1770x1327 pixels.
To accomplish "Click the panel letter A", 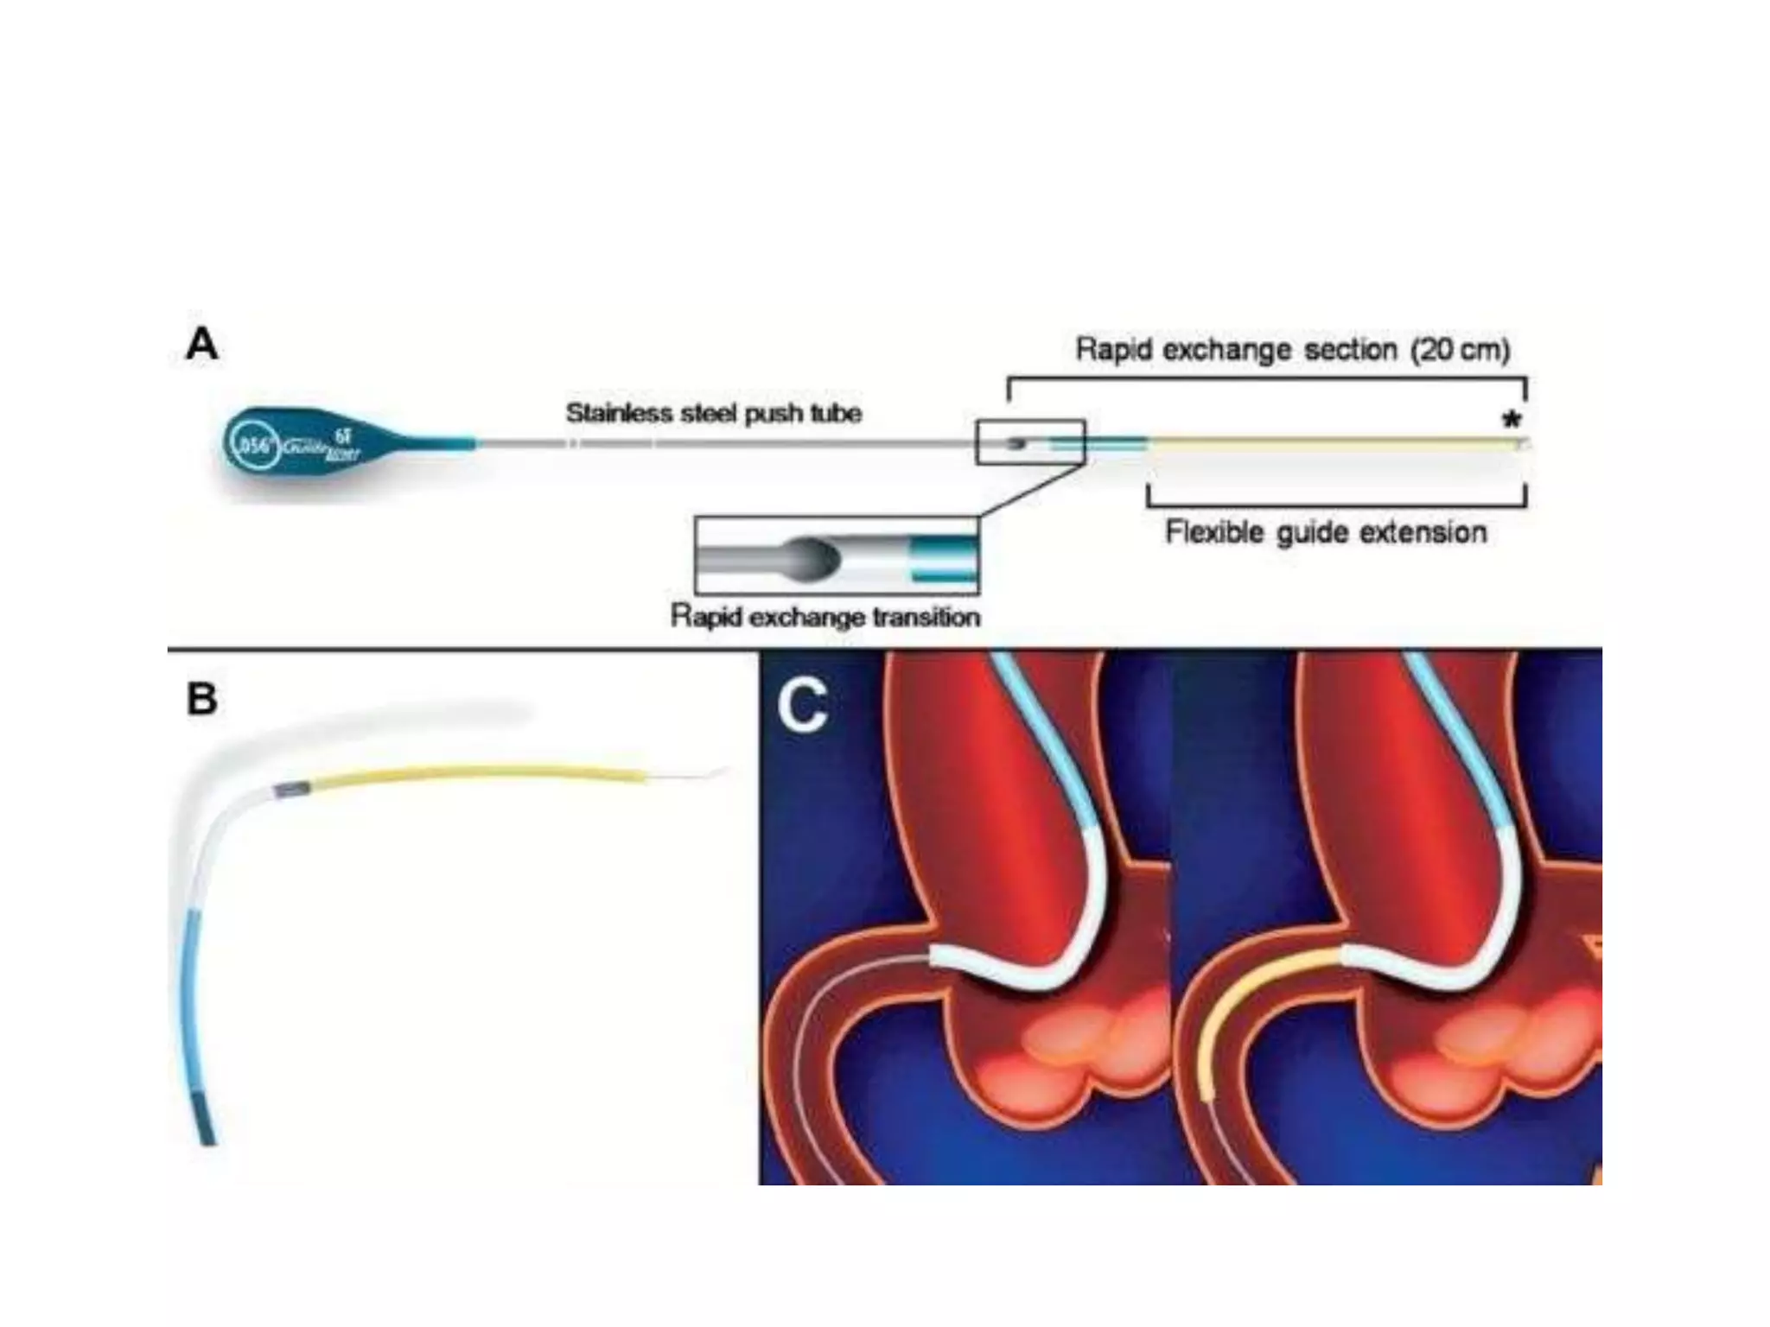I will [x=202, y=344].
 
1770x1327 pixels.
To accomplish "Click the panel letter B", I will [x=202, y=698].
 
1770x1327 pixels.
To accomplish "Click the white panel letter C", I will [x=803, y=705].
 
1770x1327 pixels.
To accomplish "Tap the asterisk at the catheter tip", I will [x=1511, y=421].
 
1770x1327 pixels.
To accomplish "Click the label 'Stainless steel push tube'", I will [x=714, y=413].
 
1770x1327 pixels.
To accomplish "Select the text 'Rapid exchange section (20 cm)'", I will [x=1292, y=350].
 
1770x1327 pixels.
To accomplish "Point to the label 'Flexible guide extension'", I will [x=1326, y=532].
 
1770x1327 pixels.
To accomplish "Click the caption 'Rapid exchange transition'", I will [x=825, y=617].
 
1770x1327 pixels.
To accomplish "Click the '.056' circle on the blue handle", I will [x=254, y=446].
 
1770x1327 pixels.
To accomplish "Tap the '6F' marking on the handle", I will [x=343, y=436].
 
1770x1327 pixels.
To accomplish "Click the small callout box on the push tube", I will [x=1030, y=442].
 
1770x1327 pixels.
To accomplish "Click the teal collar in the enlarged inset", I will [x=945, y=557].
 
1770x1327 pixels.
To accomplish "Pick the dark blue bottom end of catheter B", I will [x=205, y=1118].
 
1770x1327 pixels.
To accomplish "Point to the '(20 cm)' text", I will [x=1461, y=350].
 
